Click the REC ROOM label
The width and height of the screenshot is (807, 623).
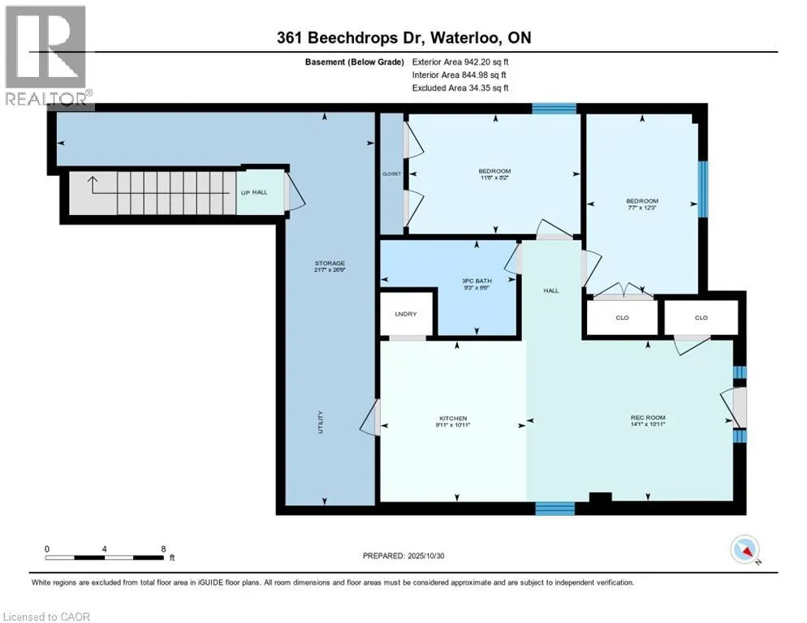click(647, 418)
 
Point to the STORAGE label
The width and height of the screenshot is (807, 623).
click(330, 263)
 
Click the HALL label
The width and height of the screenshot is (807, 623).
click(552, 290)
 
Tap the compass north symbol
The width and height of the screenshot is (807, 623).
click(744, 550)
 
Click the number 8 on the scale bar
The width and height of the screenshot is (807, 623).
click(164, 548)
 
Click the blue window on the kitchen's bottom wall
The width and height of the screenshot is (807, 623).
click(555, 509)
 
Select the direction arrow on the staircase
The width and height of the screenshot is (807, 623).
click(95, 184)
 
